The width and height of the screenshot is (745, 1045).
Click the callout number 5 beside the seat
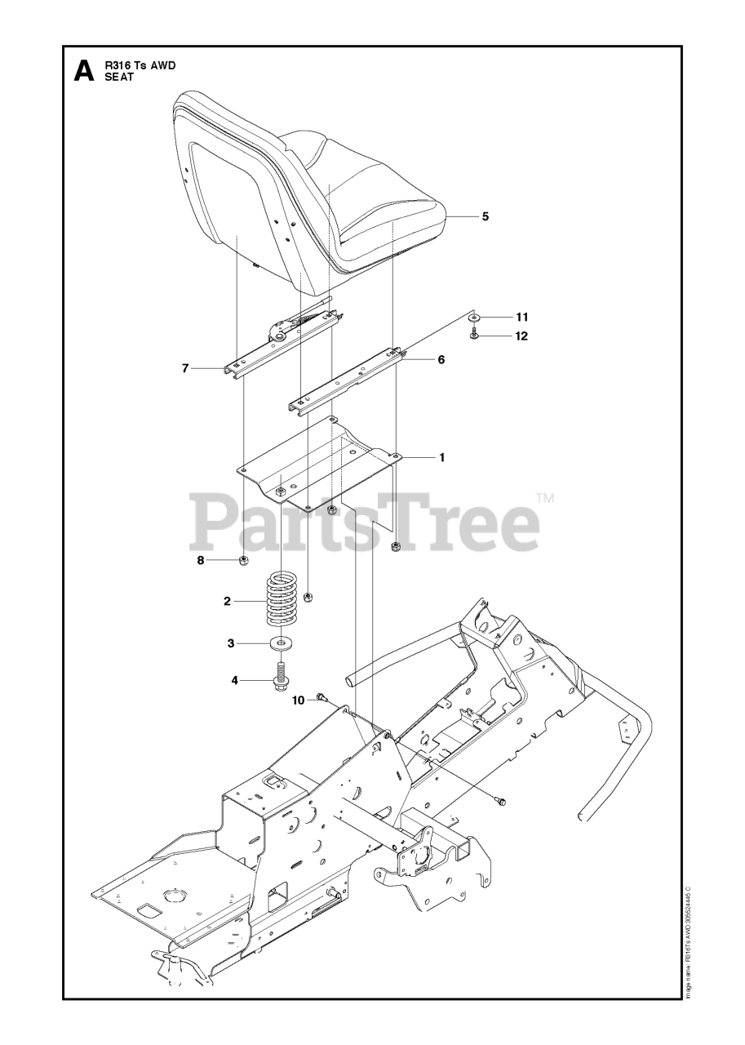(485, 216)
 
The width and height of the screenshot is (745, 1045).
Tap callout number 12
(521, 336)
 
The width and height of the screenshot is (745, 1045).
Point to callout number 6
(441, 358)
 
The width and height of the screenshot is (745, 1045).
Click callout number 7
(186, 368)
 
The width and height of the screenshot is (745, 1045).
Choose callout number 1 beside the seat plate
(442, 457)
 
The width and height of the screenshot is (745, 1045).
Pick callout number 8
(201, 560)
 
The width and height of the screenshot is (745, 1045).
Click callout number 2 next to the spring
(228, 601)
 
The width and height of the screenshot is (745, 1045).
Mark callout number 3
(231, 643)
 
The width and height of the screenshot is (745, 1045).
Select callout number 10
(299, 700)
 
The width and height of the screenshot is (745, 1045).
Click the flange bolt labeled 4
(282, 678)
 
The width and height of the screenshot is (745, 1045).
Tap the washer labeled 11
(474, 317)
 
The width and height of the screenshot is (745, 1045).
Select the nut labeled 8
(243, 560)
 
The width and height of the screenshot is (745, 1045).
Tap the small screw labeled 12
(474, 335)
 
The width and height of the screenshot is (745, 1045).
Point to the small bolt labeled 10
(321, 697)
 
